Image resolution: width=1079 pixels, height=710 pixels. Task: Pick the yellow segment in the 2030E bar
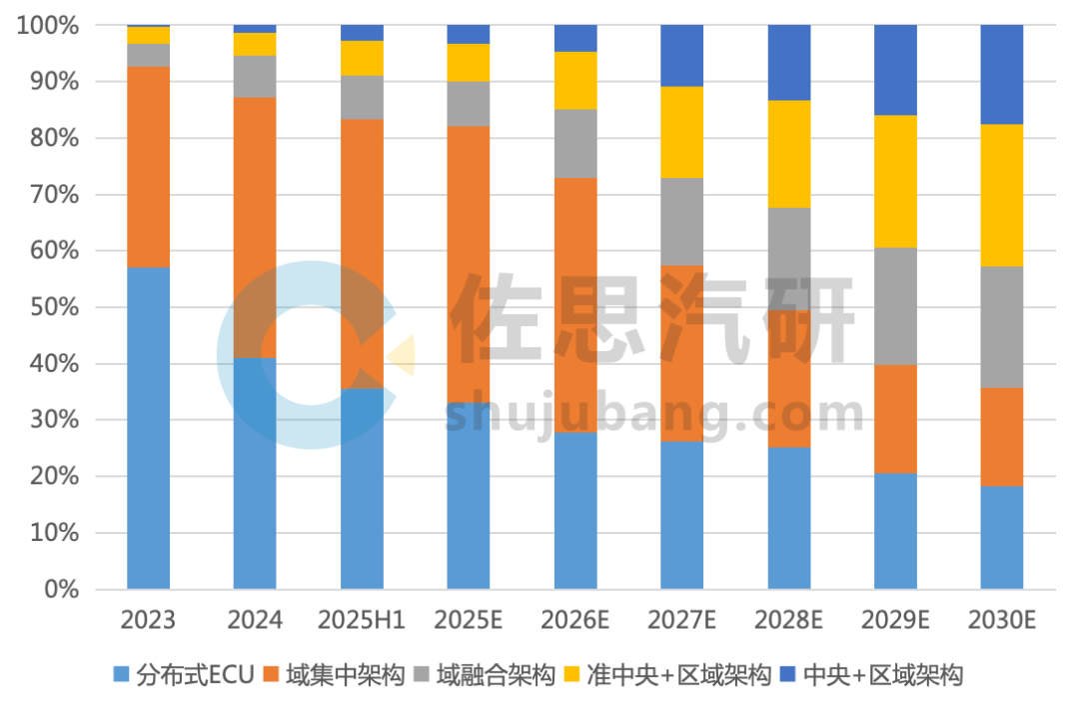click(1002, 195)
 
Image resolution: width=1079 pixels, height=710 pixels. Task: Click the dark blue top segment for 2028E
click(789, 62)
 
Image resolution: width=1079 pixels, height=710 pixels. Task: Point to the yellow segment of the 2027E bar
click(681, 132)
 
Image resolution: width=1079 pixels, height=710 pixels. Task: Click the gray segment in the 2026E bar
click(575, 143)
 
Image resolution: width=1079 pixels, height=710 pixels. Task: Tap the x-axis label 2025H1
click(362, 620)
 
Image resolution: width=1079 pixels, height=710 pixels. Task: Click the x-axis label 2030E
click(1002, 620)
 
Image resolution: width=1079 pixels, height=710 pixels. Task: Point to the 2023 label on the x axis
click(148, 620)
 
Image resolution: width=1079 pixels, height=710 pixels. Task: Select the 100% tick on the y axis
click(47, 25)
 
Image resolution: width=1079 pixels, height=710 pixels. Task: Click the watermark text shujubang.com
click(654, 413)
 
